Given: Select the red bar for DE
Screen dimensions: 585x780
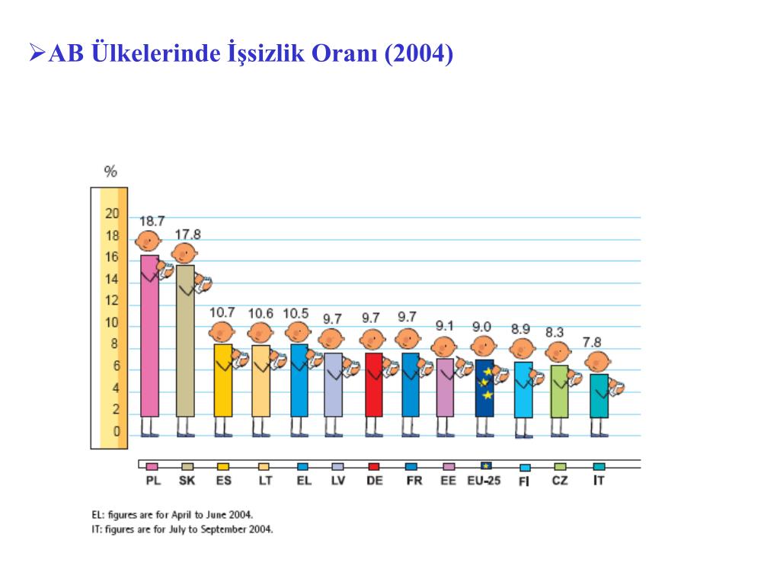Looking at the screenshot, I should click(373, 385).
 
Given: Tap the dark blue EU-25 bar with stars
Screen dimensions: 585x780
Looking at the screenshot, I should click(484, 388).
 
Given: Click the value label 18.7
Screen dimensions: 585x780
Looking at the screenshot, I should click(152, 221).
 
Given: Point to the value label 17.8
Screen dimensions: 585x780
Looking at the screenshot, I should click(188, 234).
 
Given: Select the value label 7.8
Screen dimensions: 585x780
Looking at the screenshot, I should click(597, 341).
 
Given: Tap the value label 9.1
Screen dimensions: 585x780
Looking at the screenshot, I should click(446, 325).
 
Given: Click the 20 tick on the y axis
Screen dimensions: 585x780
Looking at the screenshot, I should click(112, 213).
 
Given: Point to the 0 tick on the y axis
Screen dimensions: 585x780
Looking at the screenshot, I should click(116, 432).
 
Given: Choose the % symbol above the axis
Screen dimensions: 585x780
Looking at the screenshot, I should click(110, 171).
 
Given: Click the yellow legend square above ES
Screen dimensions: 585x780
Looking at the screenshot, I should click(223, 466).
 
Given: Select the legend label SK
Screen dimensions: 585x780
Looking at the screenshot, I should click(187, 481).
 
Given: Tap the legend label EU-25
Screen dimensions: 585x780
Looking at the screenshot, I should click(484, 481).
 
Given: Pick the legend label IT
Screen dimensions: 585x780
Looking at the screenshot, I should click(599, 481).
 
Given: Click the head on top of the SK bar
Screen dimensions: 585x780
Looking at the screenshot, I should click(184, 253).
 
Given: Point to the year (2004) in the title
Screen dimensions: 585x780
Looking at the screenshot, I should click(419, 54).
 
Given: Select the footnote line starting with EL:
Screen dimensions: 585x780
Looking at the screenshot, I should click(171, 514).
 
